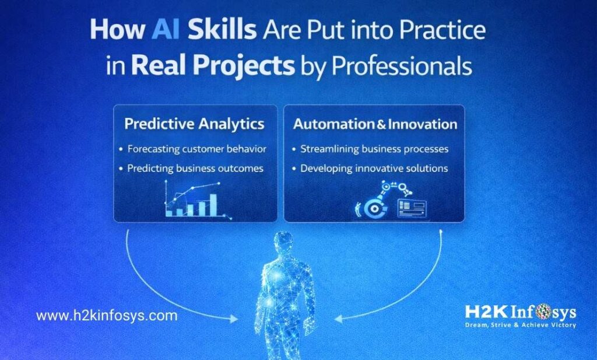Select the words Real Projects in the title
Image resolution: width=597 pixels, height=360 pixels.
[213, 67]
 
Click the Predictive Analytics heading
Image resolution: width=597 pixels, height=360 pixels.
[194, 124]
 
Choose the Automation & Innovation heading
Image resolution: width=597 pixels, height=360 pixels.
[375, 124]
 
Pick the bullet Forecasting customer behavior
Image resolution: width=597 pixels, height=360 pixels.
[196, 149]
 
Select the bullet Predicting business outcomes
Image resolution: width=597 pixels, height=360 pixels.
[195, 168]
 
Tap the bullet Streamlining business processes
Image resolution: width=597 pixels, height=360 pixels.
[374, 149]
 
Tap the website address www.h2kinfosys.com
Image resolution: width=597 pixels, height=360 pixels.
[107, 316]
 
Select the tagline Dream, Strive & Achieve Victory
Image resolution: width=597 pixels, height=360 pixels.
[521, 324]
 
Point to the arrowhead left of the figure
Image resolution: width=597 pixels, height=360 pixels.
[233, 319]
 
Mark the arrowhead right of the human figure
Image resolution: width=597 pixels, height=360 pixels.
[339, 319]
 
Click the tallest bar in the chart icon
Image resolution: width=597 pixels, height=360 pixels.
[213, 204]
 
